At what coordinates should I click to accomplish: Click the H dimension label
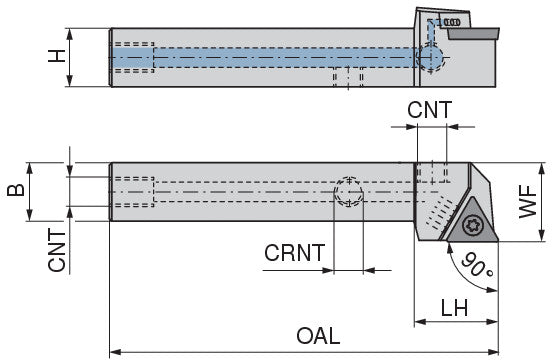(57, 56)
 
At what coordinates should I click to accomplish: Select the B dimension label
(16, 190)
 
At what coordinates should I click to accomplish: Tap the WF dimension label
(528, 202)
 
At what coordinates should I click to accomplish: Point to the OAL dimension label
(318, 336)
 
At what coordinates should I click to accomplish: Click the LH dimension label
(454, 308)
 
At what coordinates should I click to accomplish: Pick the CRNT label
(294, 253)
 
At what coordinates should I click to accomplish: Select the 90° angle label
(477, 265)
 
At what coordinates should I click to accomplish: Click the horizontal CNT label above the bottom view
(429, 110)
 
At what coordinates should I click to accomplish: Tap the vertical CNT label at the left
(57, 250)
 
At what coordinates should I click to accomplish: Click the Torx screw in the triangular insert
(472, 225)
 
